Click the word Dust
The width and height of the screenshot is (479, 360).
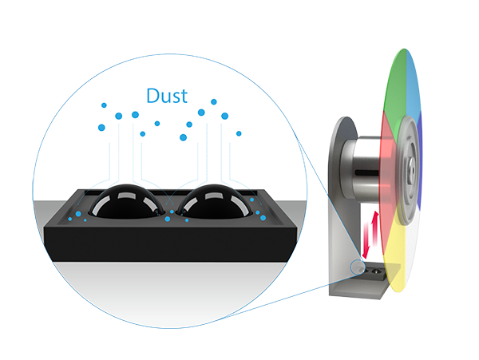167,96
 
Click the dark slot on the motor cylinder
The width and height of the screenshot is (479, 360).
369,171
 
